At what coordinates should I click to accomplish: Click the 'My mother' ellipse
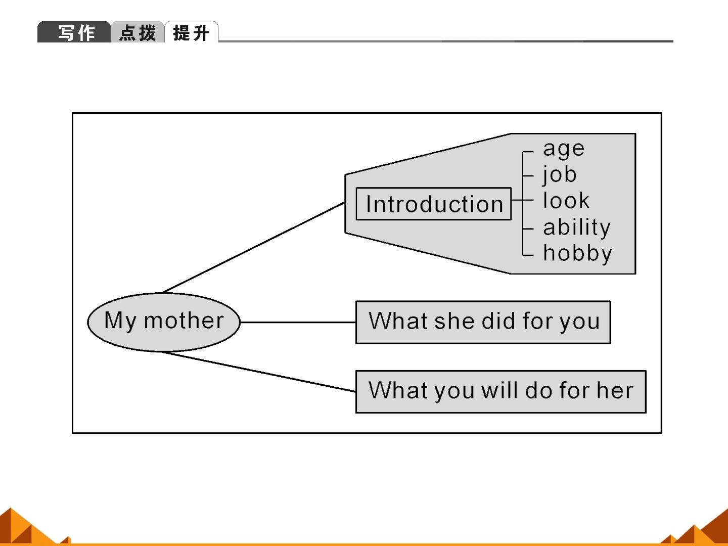[164, 322]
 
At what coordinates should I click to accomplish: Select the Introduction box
[433, 204]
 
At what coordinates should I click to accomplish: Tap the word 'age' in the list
[564, 149]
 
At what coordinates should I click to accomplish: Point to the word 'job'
[560, 175]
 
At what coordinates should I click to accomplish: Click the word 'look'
[566, 201]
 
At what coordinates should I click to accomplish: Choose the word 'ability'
[577, 227]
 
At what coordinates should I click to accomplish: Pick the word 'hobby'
[577, 254]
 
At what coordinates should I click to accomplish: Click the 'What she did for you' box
[483, 322]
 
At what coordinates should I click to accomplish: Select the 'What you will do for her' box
[501, 391]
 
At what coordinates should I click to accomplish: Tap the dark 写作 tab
[74, 32]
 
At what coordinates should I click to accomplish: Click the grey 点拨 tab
[138, 32]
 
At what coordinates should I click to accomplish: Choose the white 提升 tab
[192, 32]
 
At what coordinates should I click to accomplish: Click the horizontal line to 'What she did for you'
[298, 322]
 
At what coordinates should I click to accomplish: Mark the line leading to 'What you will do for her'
[259, 372]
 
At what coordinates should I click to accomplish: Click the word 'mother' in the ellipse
[184, 321]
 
